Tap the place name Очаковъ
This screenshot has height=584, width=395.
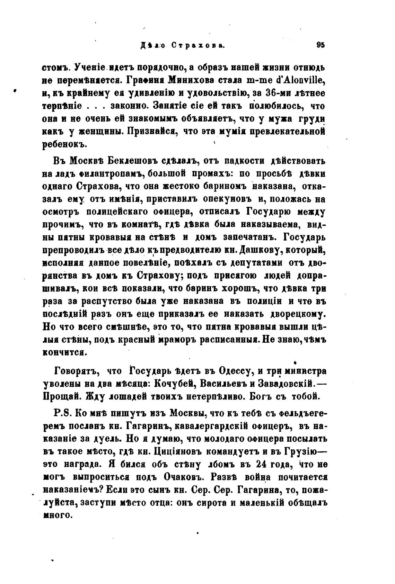click(189, 477)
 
